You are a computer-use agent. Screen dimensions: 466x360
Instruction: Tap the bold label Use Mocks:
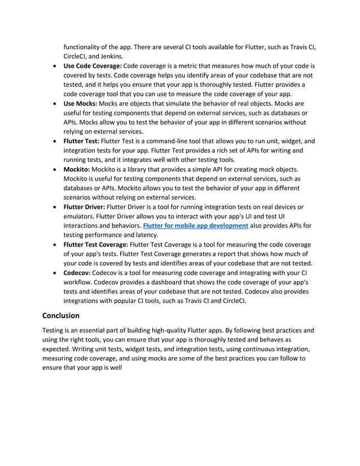(x=80, y=104)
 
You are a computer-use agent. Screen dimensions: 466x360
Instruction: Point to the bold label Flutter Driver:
(x=84, y=207)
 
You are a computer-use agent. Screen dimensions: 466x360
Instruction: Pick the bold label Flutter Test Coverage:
(x=95, y=244)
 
